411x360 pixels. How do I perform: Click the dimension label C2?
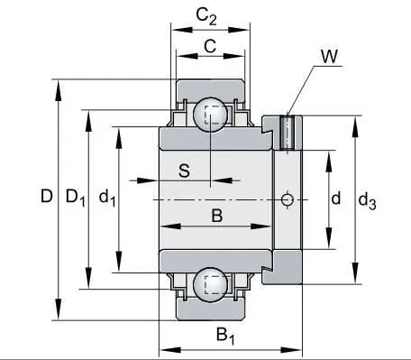click(206, 16)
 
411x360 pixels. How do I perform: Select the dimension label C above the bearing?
click(210, 46)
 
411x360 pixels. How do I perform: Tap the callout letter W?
click(329, 56)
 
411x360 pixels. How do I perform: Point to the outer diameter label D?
click(47, 196)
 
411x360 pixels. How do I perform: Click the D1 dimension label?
click(76, 198)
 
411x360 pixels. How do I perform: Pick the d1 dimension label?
click(107, 198)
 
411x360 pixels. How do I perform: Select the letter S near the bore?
click(184, 171)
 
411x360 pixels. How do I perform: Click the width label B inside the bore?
click(217, 216)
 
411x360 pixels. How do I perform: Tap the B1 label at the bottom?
click(225, 336)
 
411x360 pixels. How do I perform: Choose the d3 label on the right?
click(367, 200)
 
